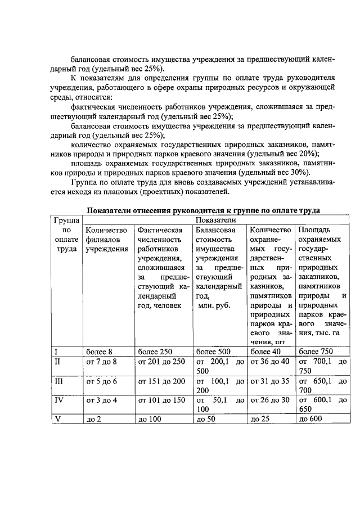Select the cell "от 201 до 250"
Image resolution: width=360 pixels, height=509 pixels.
coord(161,362)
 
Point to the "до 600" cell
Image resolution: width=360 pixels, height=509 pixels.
coord(312,419)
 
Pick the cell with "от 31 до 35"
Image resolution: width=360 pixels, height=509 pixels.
coord(269,381)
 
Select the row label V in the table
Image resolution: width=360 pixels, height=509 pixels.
coord(57,419)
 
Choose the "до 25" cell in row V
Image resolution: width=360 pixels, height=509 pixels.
coord(260,419)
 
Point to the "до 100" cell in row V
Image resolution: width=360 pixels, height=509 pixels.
coord(150,419)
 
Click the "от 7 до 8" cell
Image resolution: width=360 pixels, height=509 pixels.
coord(101,362)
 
